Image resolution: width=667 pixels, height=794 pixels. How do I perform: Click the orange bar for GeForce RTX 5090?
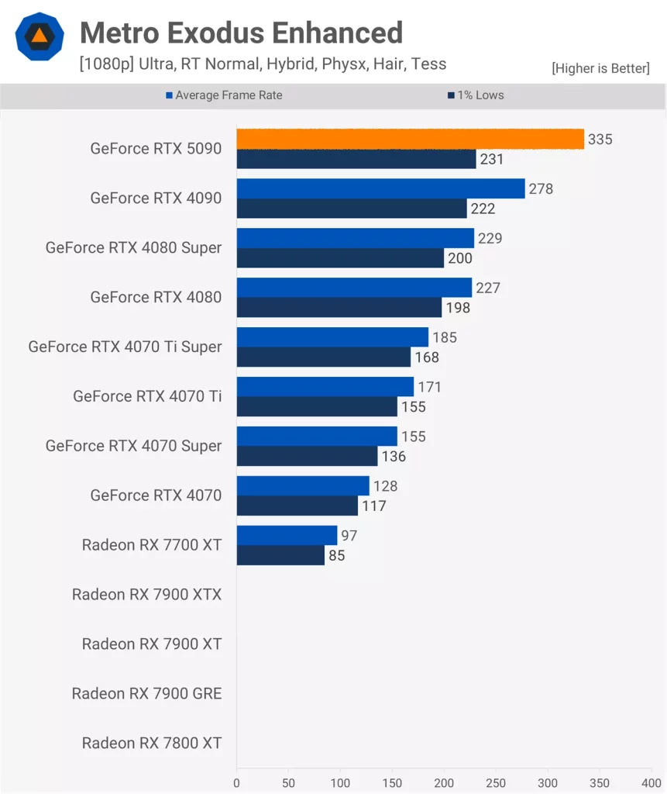(x=410, y=139)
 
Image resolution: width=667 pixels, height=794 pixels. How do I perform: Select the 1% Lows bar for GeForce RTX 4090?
(x=352, y=209)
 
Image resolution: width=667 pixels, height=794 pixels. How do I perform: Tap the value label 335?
(x=600, y=140)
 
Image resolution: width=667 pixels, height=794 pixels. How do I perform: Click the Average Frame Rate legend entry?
(x=224, y=95)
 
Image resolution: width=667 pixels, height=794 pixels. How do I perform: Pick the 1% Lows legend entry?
(x=475, y=95)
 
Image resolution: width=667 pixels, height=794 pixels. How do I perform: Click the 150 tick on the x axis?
(x=392, y=783)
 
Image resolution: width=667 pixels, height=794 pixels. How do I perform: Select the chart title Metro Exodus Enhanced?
(x=241, y=33)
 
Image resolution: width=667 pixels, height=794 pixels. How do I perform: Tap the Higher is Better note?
(x=600, y=68)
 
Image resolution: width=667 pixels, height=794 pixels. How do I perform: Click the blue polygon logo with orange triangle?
(x=39, y=36)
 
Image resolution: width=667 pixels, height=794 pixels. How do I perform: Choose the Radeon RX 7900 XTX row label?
(x=146, y=595)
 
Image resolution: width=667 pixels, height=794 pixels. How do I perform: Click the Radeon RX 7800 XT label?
(x=152, y=744)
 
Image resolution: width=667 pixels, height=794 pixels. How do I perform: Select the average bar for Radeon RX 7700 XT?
(x=287, y=535)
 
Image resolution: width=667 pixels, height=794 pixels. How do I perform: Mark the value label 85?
(x=336, y=556)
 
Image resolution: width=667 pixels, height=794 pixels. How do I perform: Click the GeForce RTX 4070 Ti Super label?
(x=125, y=347)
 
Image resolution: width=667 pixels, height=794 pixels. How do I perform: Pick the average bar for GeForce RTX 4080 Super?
(x=355, y=238)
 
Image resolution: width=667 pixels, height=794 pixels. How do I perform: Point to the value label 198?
(x=458, y=308)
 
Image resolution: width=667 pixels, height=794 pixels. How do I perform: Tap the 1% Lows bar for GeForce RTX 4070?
(x=297, y=506)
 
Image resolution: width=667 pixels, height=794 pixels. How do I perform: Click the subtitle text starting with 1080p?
(x=263, y=64)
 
